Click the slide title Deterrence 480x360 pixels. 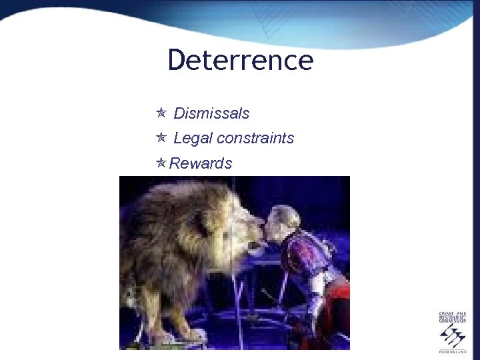point(240,60)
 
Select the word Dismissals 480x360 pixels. point(211,113)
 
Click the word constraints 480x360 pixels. point(255,138)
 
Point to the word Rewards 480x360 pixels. point(201,163)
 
